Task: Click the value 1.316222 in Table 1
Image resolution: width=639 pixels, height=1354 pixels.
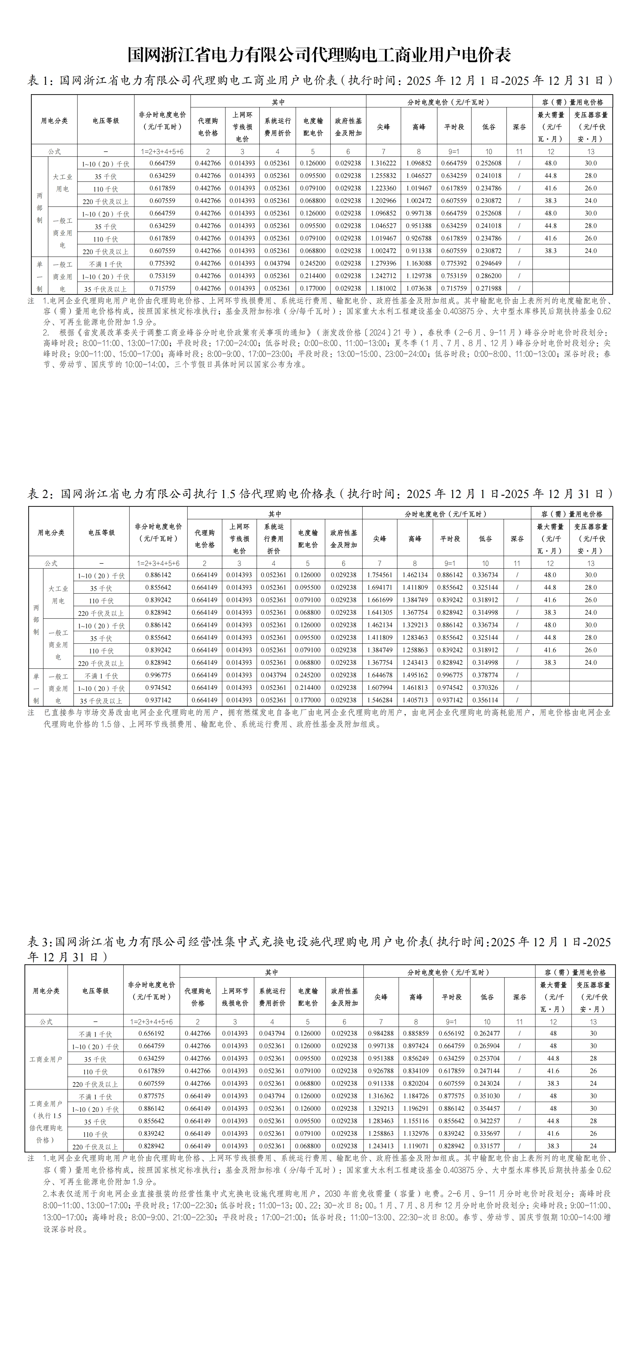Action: point(383,163)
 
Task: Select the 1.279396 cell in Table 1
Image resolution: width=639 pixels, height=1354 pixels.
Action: point(383,263)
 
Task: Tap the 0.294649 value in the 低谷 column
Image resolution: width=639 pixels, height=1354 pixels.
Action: point(488,263)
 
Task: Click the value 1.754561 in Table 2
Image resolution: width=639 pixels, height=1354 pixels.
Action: point(380,575)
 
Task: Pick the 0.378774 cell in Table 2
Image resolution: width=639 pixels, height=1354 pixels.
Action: point(485,675)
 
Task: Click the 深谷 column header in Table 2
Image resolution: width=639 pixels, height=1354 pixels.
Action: point(517,539)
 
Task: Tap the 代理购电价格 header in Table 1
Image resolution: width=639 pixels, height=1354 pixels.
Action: point(208,127)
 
